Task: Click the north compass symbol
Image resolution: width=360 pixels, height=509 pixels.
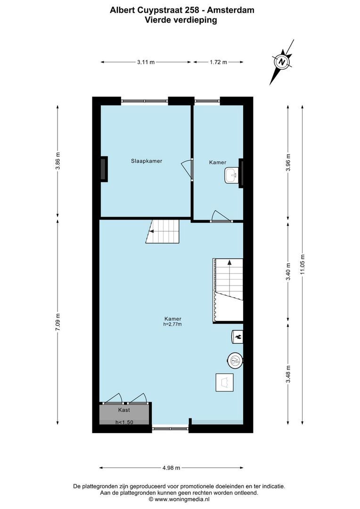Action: [282, 62]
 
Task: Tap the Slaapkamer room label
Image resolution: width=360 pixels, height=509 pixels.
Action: [147, 161]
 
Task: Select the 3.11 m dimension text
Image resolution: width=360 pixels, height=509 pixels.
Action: [146, 62]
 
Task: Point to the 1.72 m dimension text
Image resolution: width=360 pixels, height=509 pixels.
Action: [218, 62]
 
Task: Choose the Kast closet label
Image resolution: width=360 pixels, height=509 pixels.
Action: [124, 410]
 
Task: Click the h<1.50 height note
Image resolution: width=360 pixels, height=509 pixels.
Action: [124, 422]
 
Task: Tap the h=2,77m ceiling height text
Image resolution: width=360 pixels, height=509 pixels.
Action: [172, 324]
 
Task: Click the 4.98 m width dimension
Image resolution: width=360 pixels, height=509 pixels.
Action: [171, 468]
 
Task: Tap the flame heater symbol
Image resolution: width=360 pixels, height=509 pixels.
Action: [237, 336]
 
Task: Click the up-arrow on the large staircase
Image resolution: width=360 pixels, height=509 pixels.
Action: [229, 262]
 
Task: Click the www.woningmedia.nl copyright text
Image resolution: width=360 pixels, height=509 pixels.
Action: [179, 499]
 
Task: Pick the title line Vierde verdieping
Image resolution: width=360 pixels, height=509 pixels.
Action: [181, 20]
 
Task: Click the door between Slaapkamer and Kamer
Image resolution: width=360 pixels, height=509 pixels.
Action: [190, 168]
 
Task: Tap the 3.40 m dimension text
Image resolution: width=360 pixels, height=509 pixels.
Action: [288, 271]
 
